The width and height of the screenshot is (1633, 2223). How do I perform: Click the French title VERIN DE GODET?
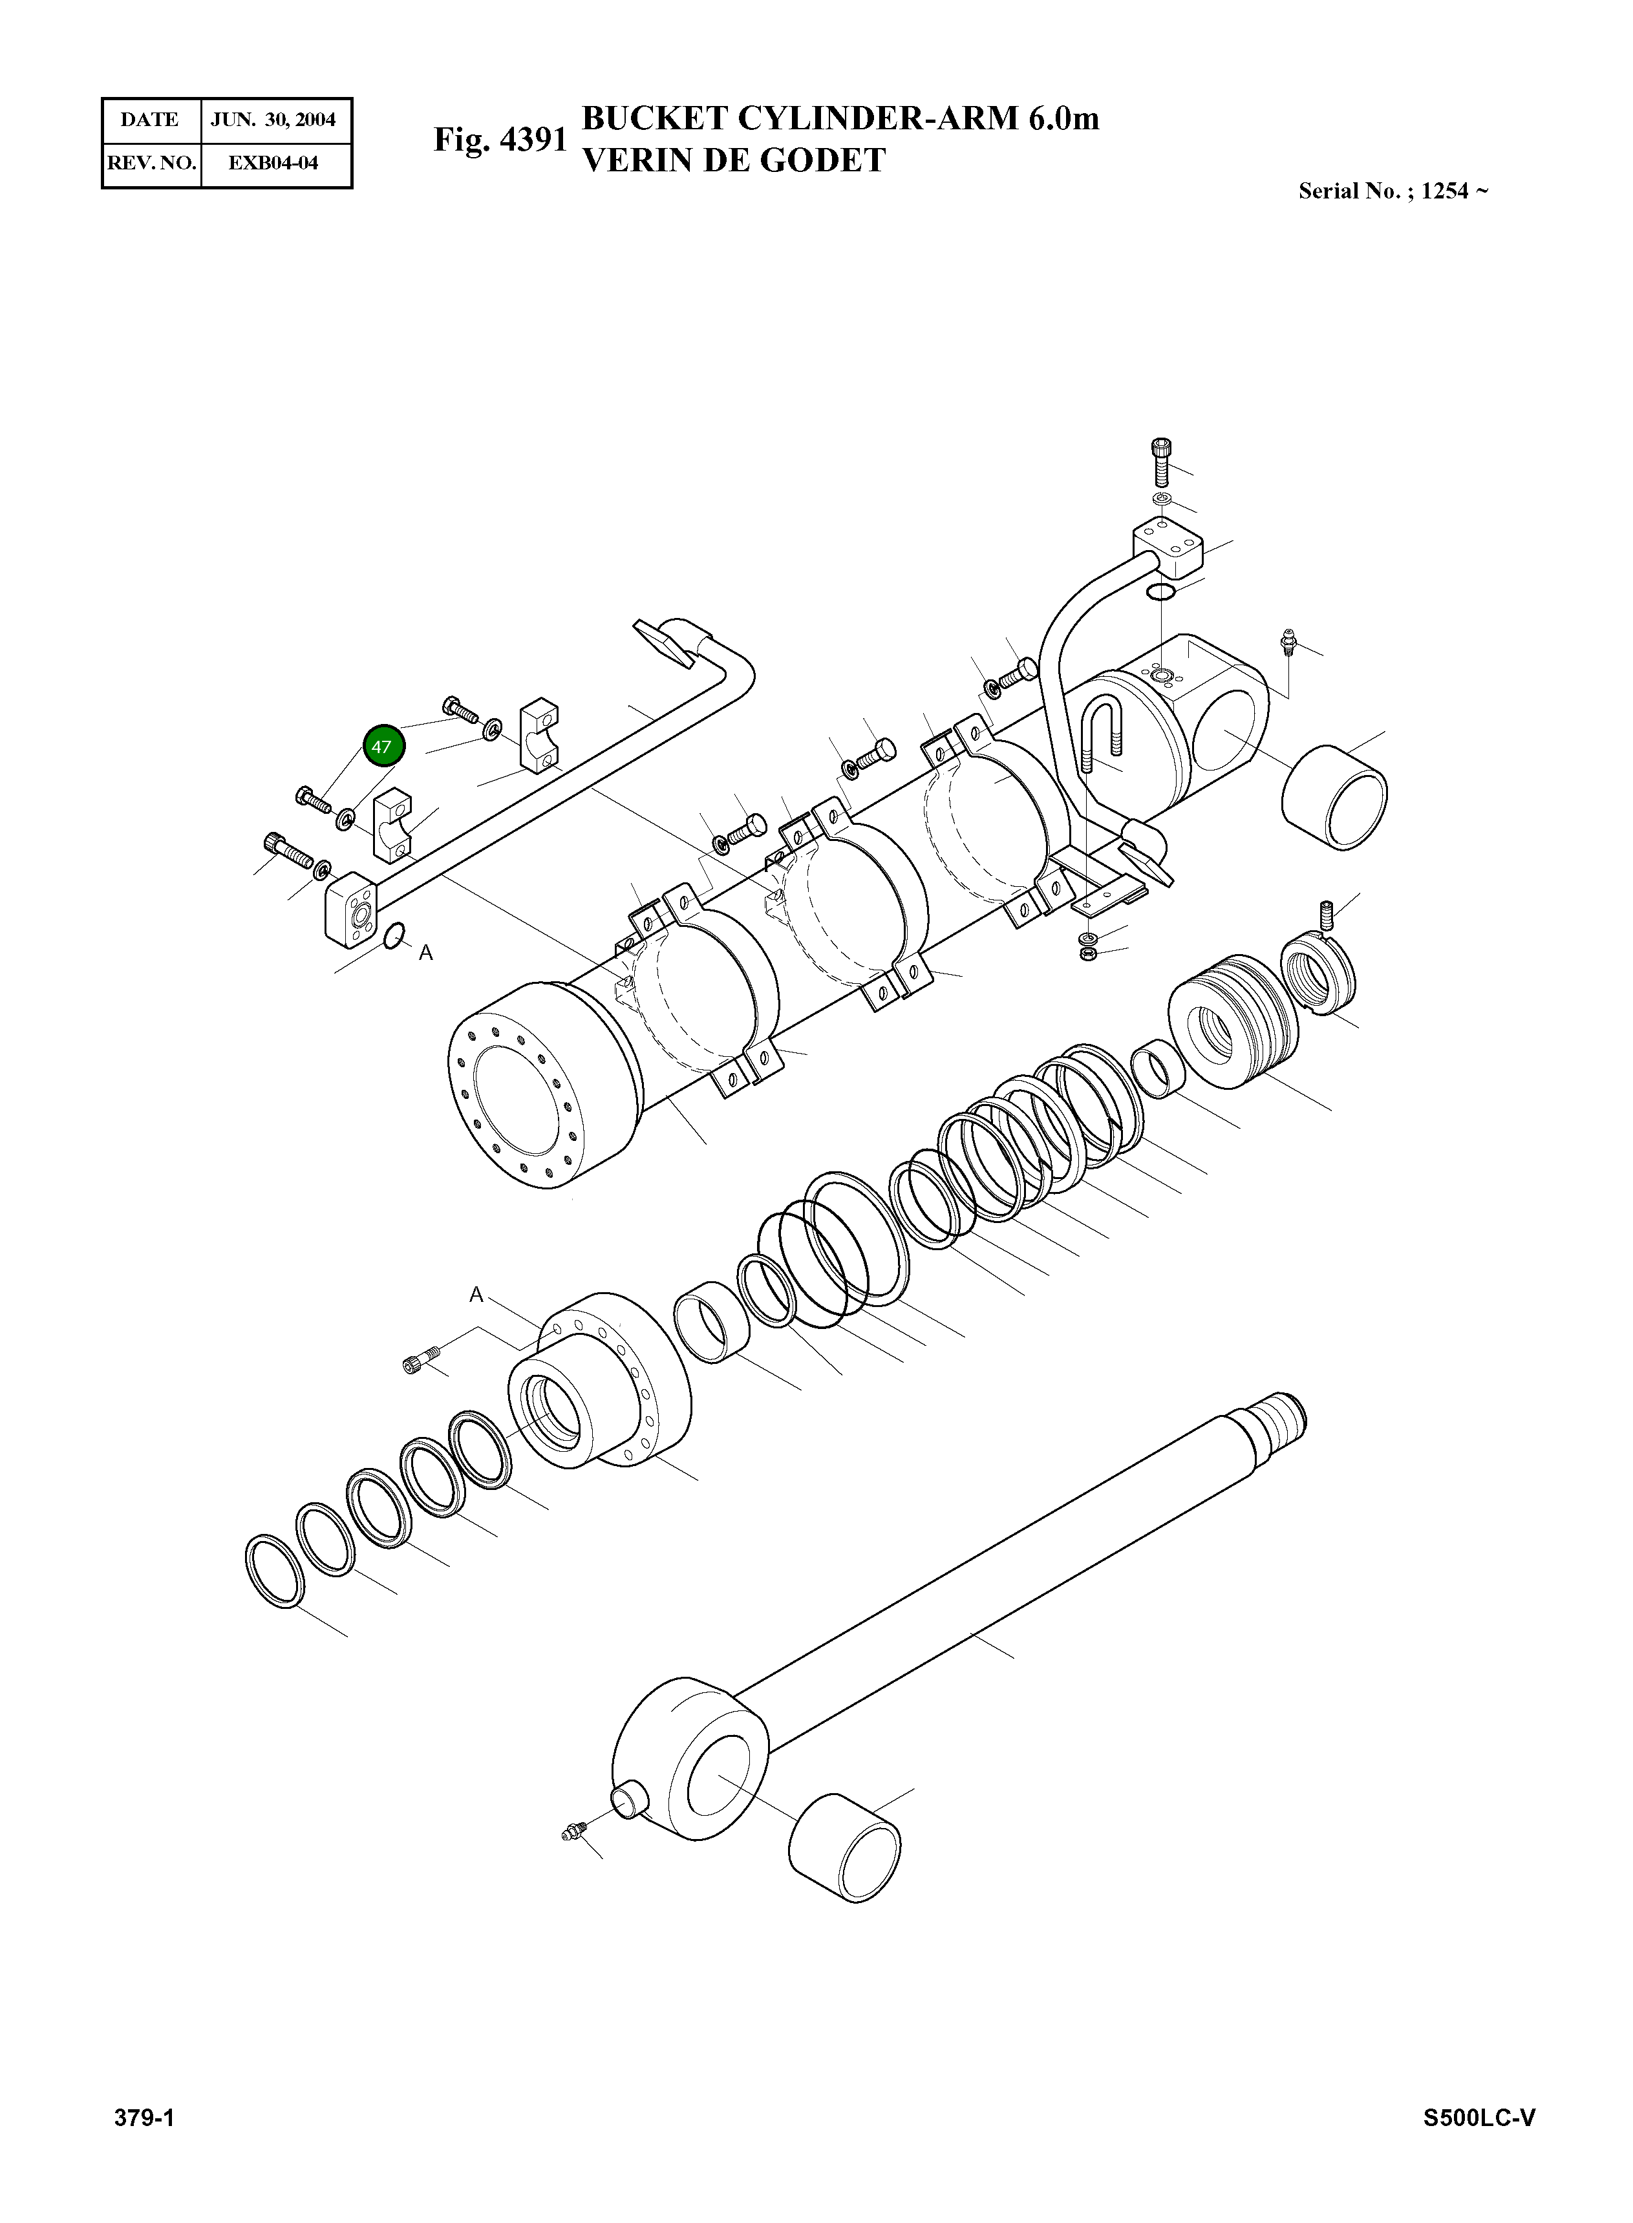click(x=734, y=160)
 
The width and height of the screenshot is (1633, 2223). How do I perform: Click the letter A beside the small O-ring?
click(x=426, y=953)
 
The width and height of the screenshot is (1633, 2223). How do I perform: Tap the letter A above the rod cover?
click(x=475, y=1295)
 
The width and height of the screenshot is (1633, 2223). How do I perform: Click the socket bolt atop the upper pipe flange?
click(x=1162, y=461)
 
